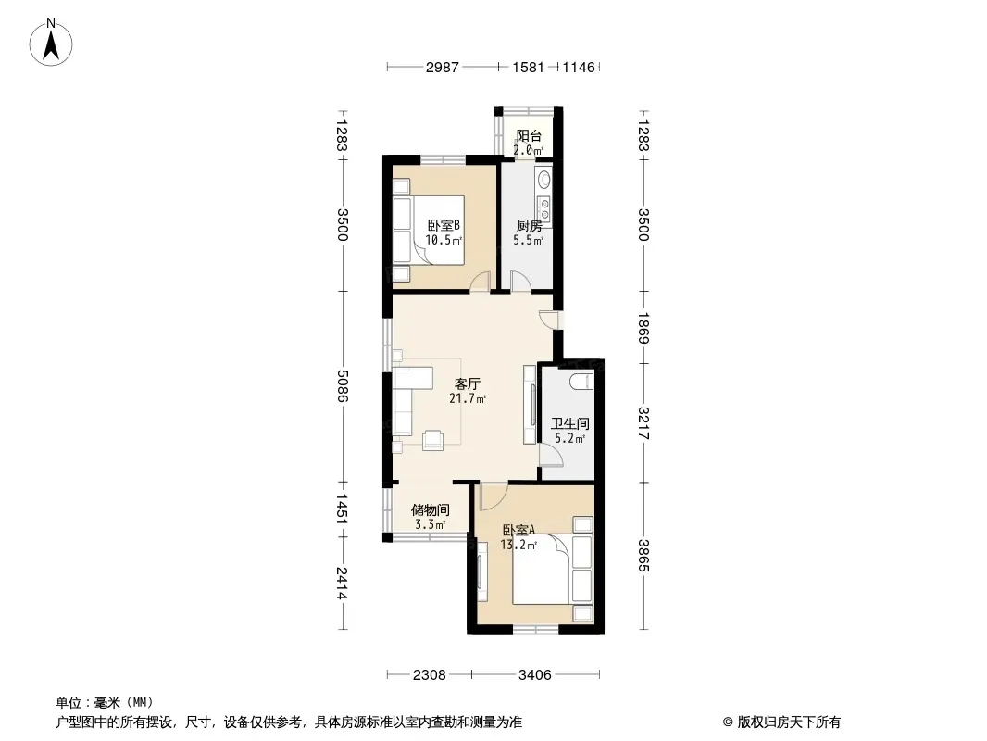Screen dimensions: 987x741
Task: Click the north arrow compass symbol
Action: (x=51, y=43)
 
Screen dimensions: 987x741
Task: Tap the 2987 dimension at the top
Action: (x=442, y=67)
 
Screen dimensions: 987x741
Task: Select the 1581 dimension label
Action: (x=528, y=67)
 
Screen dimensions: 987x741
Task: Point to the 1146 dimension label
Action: (x=579, y=67)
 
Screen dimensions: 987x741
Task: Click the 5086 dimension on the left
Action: (x=343, y=385)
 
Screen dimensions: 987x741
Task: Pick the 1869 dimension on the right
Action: (x=643, y=328)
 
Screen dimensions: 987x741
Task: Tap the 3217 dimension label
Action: (x=643, y=423)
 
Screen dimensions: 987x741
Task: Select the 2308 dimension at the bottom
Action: (x=430, y=675)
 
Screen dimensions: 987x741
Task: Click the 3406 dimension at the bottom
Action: (x=535, y=675)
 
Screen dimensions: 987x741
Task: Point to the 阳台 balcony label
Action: (x=529, y=136)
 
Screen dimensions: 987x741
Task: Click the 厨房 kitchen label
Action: (x=529, y=225)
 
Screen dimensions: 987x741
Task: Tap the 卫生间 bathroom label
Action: (x=570, y=423)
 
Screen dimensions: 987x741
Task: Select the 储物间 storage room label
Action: (x=430, y=510)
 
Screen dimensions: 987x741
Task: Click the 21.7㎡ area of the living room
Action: (x=468, y=398)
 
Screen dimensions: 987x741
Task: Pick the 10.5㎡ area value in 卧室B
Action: (x=444, y=240)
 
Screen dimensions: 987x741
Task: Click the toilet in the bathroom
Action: (x=581, y=381)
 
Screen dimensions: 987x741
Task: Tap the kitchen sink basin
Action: (x=543, y=180)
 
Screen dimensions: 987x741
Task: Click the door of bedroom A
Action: (x=493, y=496)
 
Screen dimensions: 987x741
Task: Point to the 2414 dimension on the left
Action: (x=343, y=583)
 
